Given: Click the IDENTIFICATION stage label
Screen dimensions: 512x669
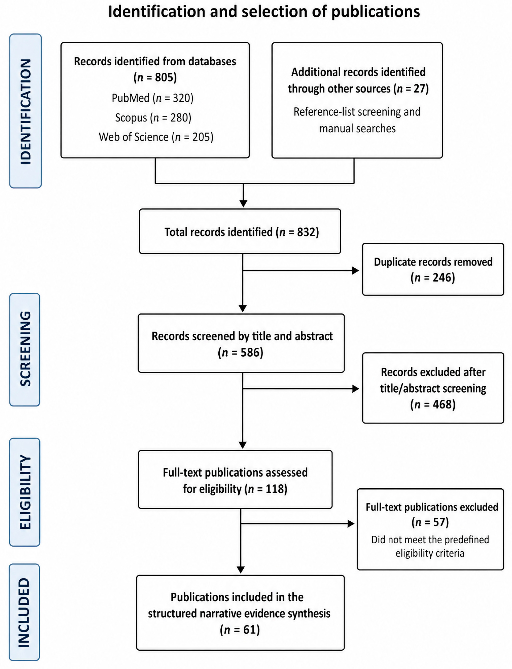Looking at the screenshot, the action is pyautogui.click(x=26, y=111).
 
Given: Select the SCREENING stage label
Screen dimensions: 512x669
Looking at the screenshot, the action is pyautogui.click(x=25, y=349).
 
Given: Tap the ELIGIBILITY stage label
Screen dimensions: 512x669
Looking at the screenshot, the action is pyautogui.click(x=25, y=492).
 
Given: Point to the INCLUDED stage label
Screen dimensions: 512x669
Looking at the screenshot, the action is pyautogui.click(x=24, y=612).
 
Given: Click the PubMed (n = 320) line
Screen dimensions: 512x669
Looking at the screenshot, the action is pyautogui.click(x=152, y=98).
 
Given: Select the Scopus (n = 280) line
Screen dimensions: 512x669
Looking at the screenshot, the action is pyautogui.click(x=153, y=118).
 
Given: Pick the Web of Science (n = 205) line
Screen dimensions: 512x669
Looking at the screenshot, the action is pyautogui.click(x=156, y=137).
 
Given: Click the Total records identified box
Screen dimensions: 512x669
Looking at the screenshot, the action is pyautogui.click(x=240, y=231).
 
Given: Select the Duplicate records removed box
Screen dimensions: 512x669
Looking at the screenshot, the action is pyautogui.click(x=433, y=269).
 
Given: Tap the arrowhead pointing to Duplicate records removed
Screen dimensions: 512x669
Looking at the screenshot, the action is pyautogui.click(x=356, y=270).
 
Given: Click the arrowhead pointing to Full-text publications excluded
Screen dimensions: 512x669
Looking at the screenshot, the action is pyautogui.click(x=351, y=524).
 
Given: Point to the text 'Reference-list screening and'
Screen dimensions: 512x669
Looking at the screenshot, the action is pyautogui.click(x=357, y=112).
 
